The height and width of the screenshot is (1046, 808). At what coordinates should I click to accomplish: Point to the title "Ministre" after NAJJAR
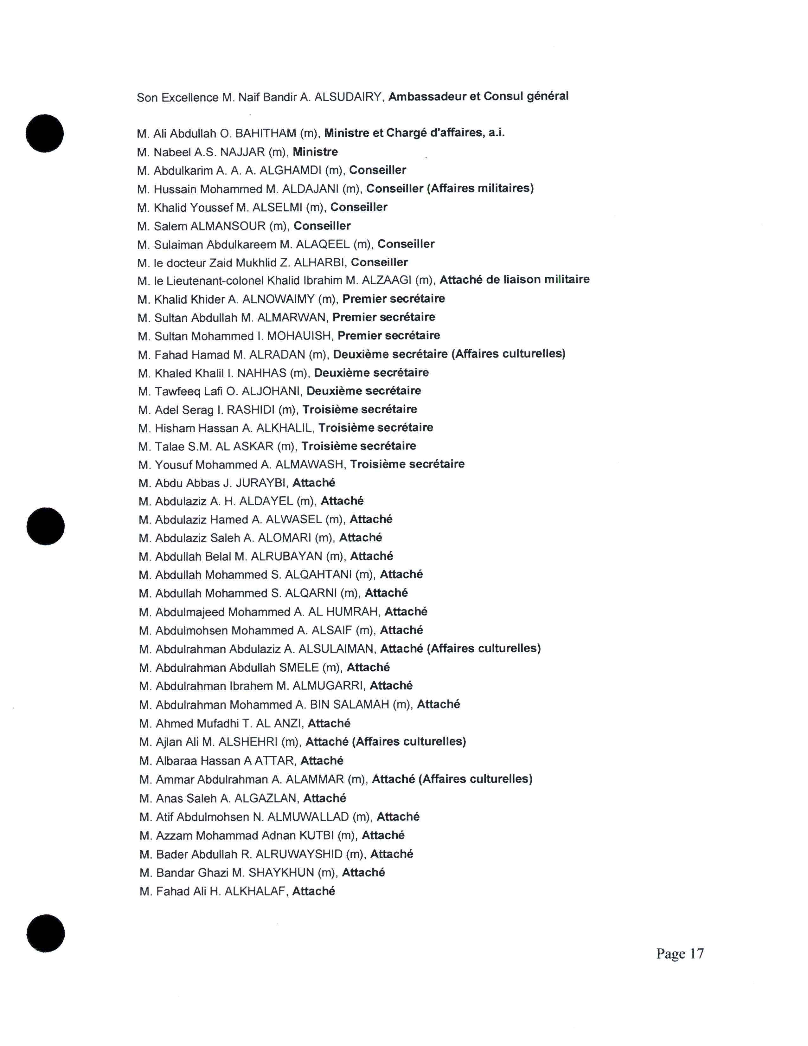click(x=315, y=152)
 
